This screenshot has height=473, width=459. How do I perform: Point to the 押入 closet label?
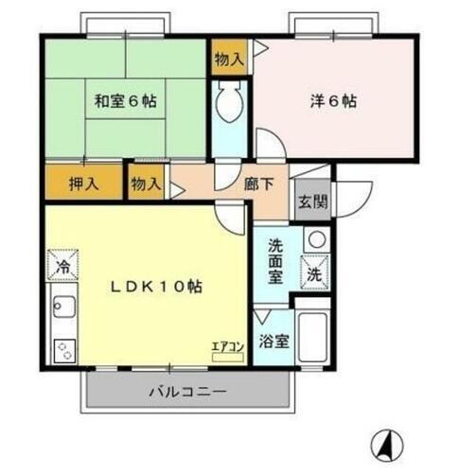click(82, 182)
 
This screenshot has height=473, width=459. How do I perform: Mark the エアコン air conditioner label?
click(227, 346)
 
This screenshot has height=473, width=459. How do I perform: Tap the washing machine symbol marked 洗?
click(314, 273)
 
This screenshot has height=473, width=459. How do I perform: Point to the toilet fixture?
click(230, 104)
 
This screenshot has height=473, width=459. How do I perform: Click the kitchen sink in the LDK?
click(64, 308)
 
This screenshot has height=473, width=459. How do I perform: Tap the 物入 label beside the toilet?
click(229, 59)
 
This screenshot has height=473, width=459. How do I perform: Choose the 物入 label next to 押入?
click(146, 182)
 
